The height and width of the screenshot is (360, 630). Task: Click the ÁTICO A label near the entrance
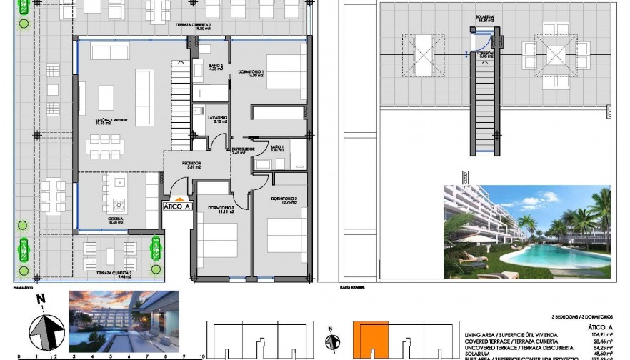tap(177, 206)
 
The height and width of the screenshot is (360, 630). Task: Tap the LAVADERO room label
tap(218, 119)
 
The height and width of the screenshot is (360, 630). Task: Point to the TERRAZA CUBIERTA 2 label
tap(114, 274)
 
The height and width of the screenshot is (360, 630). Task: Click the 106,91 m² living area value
tap(596, 334)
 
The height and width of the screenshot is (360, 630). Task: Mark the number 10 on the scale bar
tap(203, 355)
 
